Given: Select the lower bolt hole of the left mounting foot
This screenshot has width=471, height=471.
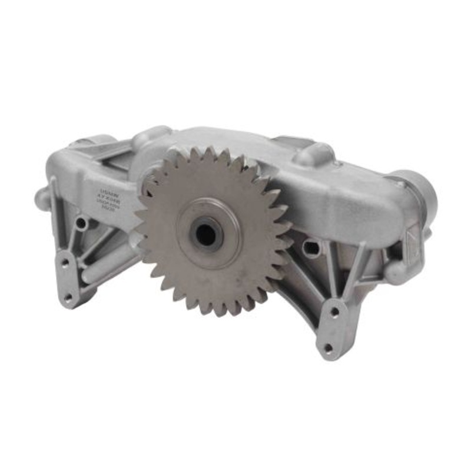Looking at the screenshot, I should [68, 297].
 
